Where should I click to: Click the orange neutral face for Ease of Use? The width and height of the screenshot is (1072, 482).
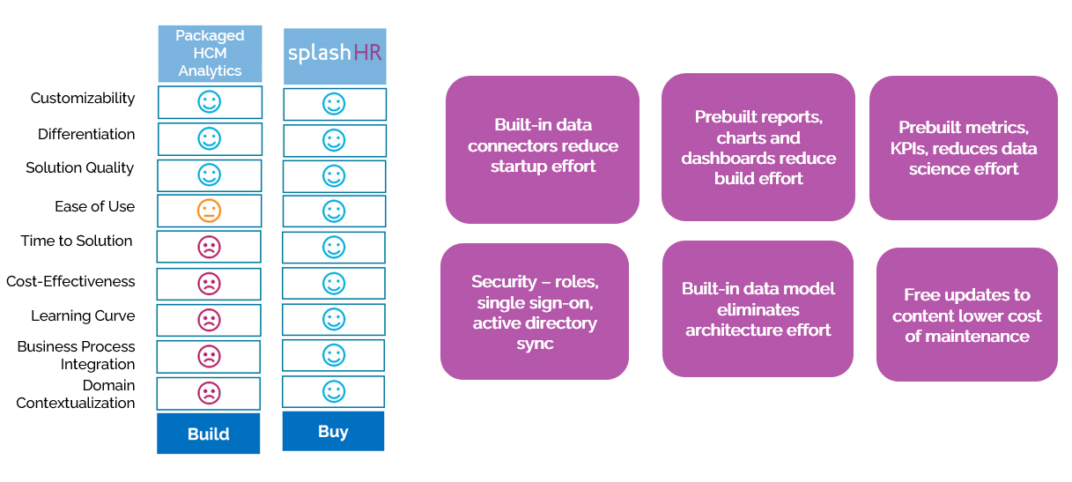point(209,211)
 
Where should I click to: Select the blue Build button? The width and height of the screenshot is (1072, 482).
point(209,434)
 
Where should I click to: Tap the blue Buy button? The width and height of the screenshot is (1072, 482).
point(333,431)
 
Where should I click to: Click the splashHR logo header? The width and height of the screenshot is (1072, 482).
point(335,55)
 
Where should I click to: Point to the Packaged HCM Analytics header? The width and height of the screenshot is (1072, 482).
point(210,53)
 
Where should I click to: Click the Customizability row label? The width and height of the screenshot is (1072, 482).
point(83,98)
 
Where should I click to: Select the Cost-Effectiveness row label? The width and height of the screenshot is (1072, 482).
point(70,281)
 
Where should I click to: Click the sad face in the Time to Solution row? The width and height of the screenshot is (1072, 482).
point(209,247)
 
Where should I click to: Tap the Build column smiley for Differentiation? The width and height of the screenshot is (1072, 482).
point(209,138)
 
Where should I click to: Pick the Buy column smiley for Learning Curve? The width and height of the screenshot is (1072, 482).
point(333,319)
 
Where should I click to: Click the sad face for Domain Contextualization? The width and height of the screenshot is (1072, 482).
point(209,393)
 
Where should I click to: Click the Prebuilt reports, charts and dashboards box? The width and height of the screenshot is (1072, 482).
point(758,147)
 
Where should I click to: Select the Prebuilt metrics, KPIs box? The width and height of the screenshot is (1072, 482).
point(964,147)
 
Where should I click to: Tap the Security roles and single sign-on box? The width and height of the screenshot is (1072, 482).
point(535,311)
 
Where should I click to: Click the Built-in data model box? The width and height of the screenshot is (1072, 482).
point(758,308)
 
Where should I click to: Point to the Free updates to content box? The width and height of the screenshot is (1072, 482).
point(966,315)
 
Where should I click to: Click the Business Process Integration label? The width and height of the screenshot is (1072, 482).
point(76,355)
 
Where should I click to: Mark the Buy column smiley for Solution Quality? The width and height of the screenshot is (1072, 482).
point(333,175)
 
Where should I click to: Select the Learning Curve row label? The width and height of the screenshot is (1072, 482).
point(83,315)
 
